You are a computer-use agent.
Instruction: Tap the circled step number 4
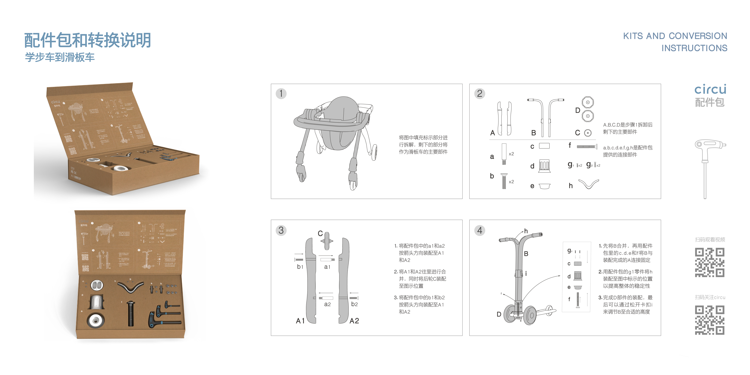pyautogui.click(x=480, y=231)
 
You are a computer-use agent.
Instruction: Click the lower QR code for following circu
pyautogui.click(x=710, y=320)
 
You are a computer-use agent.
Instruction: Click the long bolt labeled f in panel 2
pyautogui.click(x=587, y=146)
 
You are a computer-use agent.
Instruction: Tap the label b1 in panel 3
pyautogui.click(x=300, y=267)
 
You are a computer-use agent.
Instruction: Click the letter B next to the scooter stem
pyautogui.click(x=526, y=254)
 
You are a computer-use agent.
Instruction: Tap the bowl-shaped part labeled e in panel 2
pyautogui.click(x=544, y=186)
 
